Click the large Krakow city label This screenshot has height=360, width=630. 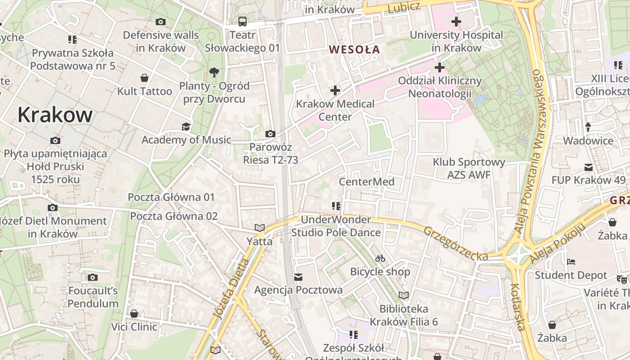click(55, 115)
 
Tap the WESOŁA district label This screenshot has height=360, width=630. click(355, 49)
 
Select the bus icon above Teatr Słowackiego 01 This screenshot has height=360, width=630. click(243, 22)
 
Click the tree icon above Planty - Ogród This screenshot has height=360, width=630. click(214, 72)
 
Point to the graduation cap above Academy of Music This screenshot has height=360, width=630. click(186, 127)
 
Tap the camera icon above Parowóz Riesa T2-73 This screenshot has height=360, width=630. click(270, 134)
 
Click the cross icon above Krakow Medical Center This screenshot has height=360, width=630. click(335, 90)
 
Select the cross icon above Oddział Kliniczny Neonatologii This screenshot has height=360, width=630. click(439, 67)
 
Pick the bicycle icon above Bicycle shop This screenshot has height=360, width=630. click(380, 258)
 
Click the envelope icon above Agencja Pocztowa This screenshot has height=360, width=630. click(298, 276)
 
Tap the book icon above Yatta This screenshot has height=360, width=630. click(259, 228)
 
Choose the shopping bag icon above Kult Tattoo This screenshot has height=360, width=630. click(144, 78)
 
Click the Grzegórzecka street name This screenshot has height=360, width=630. click(455, 243)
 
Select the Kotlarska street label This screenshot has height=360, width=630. click(518, 307)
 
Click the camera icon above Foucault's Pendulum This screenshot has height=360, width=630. click(93, 277)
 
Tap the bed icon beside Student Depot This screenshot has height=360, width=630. click(571, 261)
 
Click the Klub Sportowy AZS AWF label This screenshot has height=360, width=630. click(469, 168)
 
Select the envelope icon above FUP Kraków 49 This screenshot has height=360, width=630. click(588, 167)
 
